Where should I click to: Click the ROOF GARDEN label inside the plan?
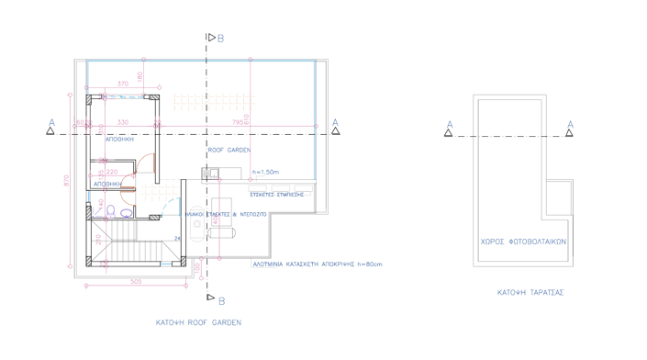click(229, 149)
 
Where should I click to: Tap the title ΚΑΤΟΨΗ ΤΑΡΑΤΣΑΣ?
click(530, 292)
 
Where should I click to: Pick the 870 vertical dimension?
click(66, 181)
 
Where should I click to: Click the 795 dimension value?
click(238, 120)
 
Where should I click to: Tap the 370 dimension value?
click(123, 84)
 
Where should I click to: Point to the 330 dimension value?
click(123, 121)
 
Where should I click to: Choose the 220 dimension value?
click(112, 172)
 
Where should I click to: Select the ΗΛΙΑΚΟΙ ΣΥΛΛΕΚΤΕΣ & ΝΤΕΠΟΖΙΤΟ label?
click(225, 214)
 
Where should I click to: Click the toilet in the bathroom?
click(110, 212)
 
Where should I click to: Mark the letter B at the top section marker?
click(221, 38)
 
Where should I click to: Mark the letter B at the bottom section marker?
click(221, 298)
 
